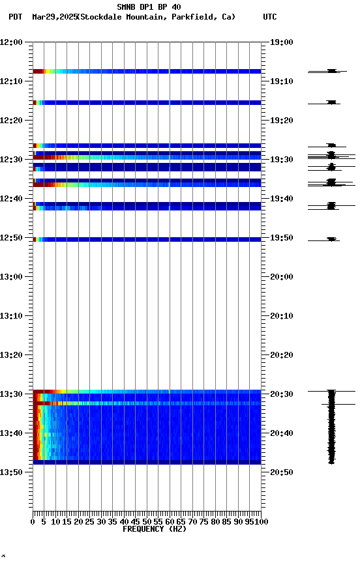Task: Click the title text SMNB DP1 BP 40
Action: [x=149, y=7]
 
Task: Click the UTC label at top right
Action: [x=270, y=17]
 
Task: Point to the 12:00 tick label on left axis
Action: [x=11, y=42]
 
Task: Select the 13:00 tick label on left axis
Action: [x=11, y=277]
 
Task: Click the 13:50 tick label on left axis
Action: [x=11, y=472]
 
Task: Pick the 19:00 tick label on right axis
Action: [x=281, y=42]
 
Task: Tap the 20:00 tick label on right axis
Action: [x=281, y=277]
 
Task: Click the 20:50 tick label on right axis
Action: [x=281, y=472]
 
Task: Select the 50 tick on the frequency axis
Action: [x=147, y=522]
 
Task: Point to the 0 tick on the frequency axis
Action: [x=33, y=522]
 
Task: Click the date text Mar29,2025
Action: [x=53, y=17]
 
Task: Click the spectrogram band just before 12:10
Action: [x=147, y=71]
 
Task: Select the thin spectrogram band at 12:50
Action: [x=147, y=239]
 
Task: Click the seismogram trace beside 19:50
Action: [x=331, y=240]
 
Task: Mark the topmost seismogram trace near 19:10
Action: [x=331, y=71]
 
